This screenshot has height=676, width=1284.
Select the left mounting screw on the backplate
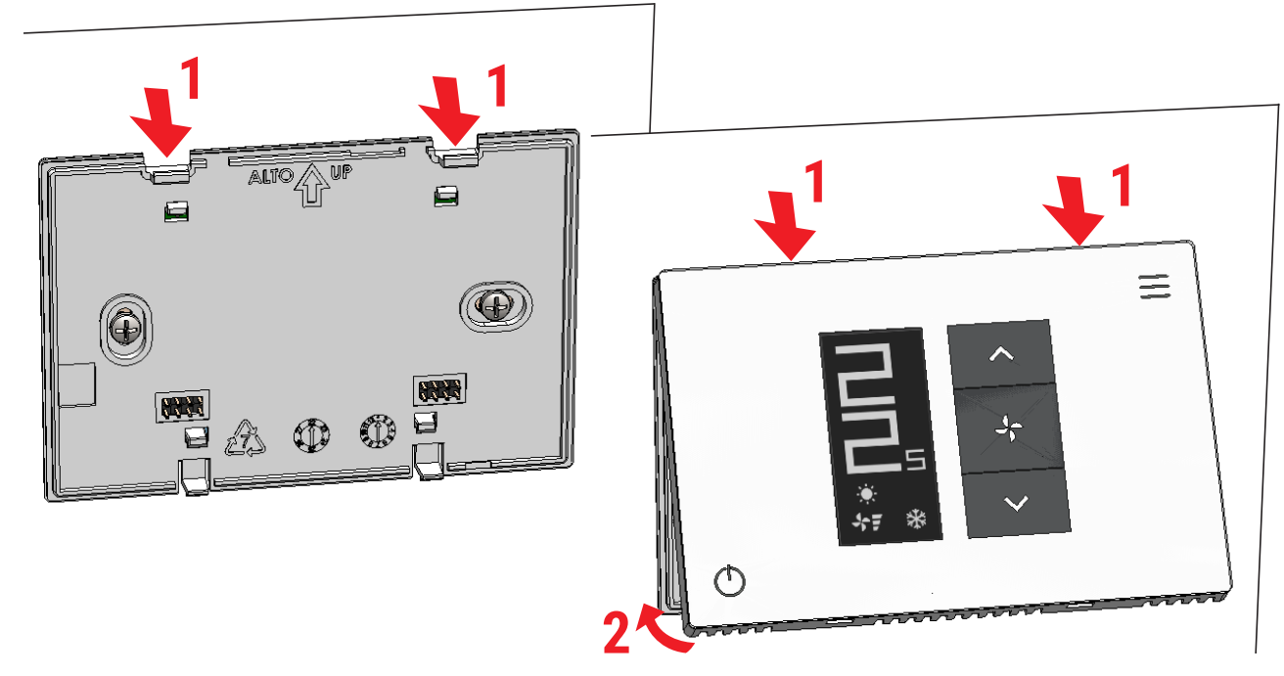(x=126, y=329)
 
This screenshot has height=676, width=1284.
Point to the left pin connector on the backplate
(x=180, y=403)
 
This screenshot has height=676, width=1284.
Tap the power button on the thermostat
(x=729, y=582)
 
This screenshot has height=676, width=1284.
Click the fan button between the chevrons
(x=1008, y=429)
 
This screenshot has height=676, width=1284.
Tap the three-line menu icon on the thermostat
(x=1154, y=285)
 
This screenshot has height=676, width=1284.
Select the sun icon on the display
(x=864, y=494)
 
